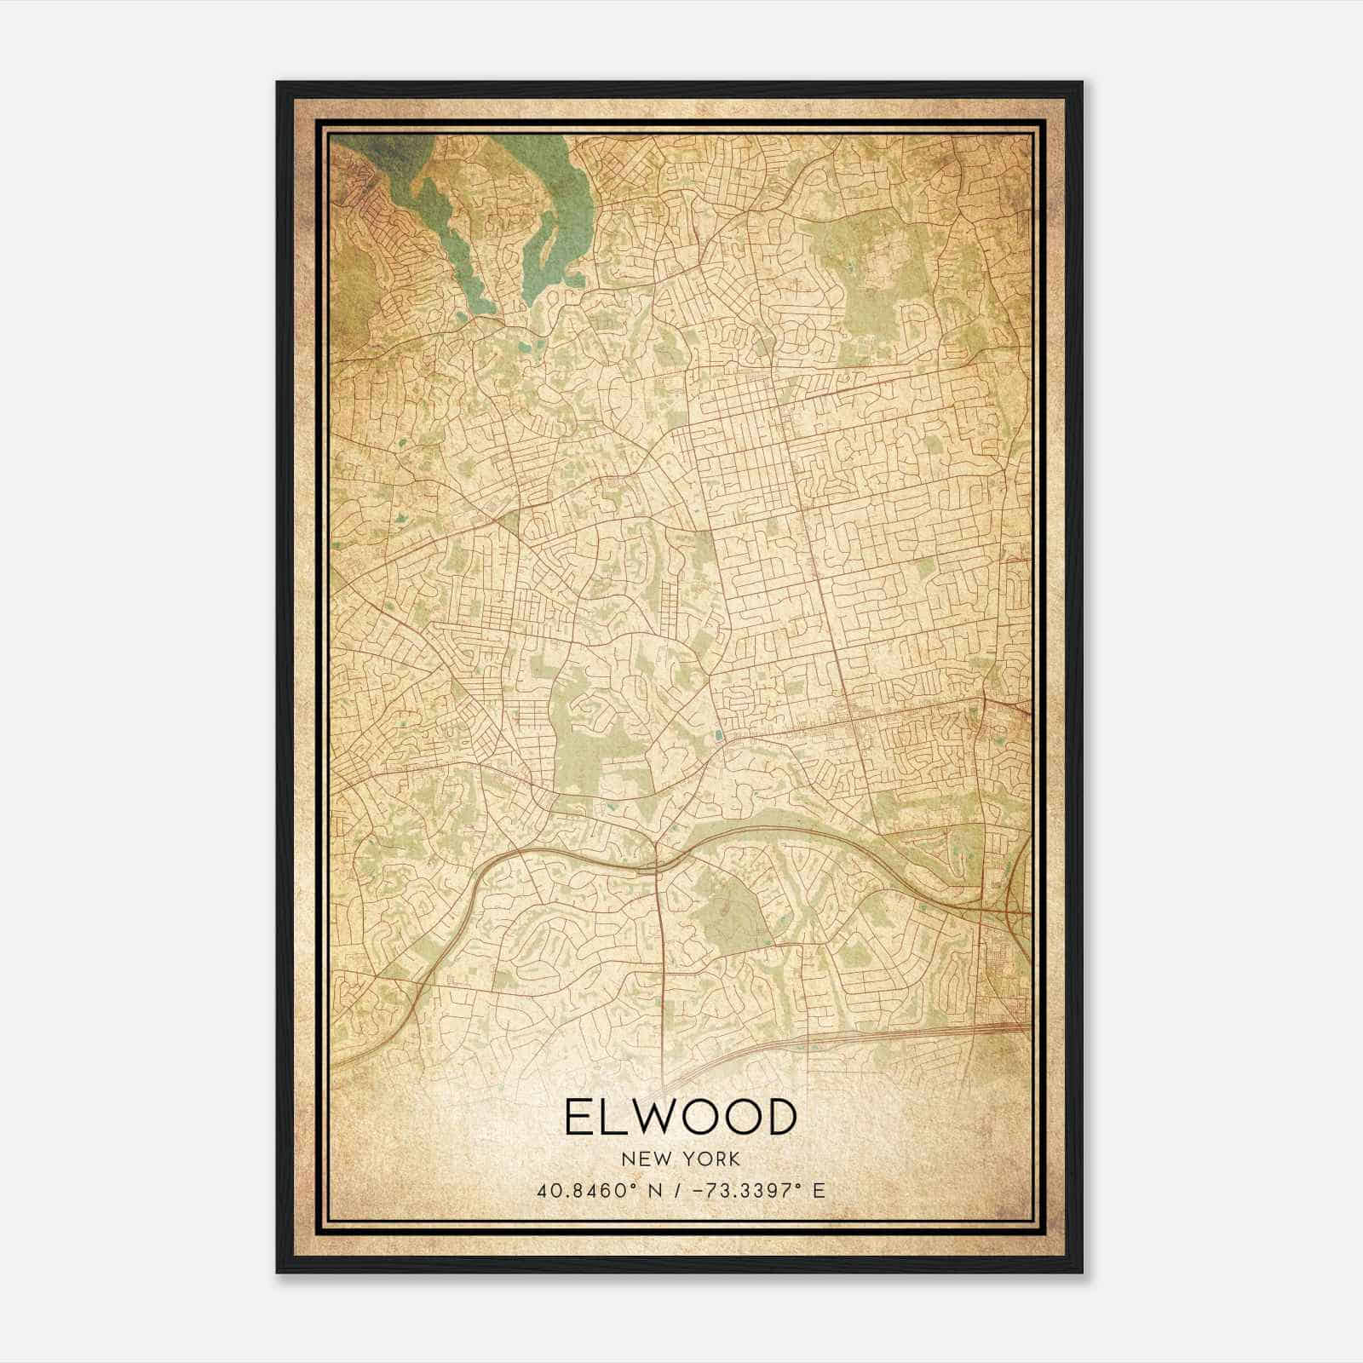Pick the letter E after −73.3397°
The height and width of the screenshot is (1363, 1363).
pos(819,1190)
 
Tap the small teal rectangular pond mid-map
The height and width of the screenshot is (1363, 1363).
pos(720,734)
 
